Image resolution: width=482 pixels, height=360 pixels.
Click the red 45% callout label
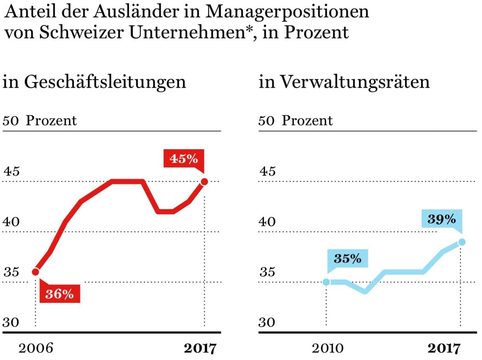click(x=183, y=159)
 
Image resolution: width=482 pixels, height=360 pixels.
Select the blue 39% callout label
click(x=441, y=219)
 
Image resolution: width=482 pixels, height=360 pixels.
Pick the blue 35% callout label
click(x=347, y=258)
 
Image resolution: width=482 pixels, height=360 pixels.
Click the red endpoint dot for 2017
click(x=204, y=181)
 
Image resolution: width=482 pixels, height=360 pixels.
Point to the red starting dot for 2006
click(x=35, y=271)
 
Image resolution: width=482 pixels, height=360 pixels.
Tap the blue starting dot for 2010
click(x=326, y=282)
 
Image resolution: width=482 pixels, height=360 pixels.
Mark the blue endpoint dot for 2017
click(x=462, y=242)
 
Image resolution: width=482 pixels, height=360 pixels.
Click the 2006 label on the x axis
click(x=36, y=348)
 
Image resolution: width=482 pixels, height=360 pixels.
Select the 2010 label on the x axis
click(x=328, y=348)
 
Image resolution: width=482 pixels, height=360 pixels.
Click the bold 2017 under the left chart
click(x=200, y=348)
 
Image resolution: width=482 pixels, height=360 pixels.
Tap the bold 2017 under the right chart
click(x=443, y=348)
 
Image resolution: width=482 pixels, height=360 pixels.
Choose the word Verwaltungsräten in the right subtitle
click(x=355, y=82)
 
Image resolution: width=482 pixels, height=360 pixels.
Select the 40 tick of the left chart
click(x=11, y=222)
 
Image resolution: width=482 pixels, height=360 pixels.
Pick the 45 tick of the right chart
click(x=267, y=172)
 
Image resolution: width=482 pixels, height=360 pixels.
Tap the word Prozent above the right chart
click(x=307, y=120)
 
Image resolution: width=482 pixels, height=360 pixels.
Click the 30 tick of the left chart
click(x=11, y=322)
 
